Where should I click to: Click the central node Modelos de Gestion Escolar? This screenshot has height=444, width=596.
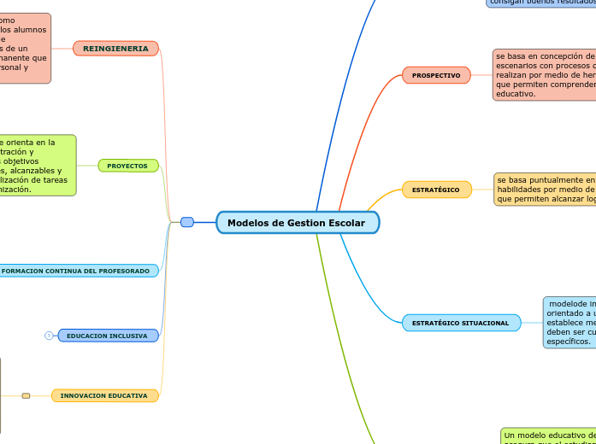[x=297, y=223]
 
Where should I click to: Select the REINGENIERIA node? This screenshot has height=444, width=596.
[x=115, y=49]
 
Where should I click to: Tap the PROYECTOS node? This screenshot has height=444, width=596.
[x=127, y=166]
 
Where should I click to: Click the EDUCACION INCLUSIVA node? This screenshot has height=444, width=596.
[x=107, y=336]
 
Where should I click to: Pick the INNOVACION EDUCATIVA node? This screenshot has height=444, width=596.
[x=103, y=395]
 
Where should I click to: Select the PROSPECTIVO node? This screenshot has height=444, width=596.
[x=436, y=75]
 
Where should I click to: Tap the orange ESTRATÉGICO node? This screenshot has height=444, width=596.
[x=436, y=190]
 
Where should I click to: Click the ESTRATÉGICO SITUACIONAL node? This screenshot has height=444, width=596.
[x=460, y=323]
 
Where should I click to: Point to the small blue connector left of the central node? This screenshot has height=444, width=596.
[x=187, y=222]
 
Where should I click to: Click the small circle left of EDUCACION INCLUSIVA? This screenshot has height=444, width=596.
[x=49, y=336]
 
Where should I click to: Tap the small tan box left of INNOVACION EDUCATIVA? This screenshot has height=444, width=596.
[x=26, y=395]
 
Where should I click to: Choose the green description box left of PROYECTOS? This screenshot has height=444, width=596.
[x=37, y=166]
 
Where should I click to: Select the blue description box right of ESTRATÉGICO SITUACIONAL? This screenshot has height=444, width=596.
[x=569, y=322]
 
